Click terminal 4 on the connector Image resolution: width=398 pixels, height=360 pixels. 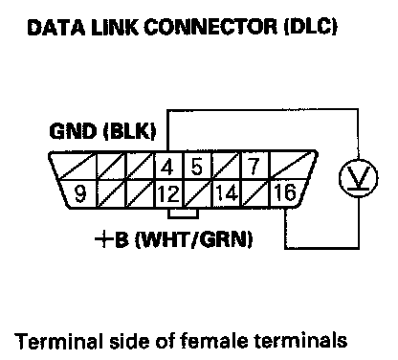coord(167,167)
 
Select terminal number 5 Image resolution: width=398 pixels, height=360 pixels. coord(197,167)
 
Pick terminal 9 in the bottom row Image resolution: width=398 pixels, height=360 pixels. coord(79,194)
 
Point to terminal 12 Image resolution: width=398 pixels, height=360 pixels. coord(168,194)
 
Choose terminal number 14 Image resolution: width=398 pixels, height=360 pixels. coord(227,194)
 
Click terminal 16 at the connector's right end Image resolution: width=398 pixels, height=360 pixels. coord(285,193)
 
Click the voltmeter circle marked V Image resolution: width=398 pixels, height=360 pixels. coord(358,177)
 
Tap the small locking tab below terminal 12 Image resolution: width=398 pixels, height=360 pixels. coord(183,214)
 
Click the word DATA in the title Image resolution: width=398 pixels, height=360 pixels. coord(56,27)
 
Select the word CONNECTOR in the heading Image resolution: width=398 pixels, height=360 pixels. coord(210,27)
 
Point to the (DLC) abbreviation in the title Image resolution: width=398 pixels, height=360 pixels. coord(310,27)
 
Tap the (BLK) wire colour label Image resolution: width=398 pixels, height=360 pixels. coord(130,131)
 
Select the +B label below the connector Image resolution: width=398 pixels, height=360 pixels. coord(112,239)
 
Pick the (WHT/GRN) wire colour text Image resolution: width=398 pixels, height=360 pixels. coord(194,239)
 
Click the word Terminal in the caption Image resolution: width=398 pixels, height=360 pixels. coord(59,341)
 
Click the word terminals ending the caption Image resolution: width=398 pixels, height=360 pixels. coord(300,341)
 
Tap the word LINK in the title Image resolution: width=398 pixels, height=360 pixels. coord(115,27)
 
